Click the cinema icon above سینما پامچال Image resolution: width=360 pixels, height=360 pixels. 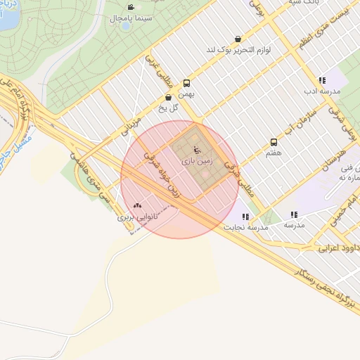coord(131,7)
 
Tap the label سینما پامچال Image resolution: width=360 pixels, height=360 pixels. coord(127,18)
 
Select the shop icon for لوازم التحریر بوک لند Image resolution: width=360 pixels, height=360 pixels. coord(238,39)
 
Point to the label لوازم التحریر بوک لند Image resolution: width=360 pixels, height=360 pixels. coord(238,50)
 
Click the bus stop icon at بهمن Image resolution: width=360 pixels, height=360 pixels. coord(186,82)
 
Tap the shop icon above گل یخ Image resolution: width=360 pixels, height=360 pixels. coord(167,98)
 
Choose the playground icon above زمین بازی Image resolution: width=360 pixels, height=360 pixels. coord(196,150)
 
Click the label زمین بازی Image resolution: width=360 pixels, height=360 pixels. coord(196,161)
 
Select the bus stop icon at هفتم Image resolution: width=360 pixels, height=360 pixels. coord(274,142)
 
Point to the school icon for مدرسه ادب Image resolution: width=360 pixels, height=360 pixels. coord(322,80)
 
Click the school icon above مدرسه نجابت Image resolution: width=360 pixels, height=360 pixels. coord(245,217)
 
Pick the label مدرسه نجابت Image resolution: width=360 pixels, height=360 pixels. coord(246,228)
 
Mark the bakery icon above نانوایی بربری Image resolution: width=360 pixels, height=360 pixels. coord(137,205)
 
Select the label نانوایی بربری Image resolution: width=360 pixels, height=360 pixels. coord(137,217)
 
